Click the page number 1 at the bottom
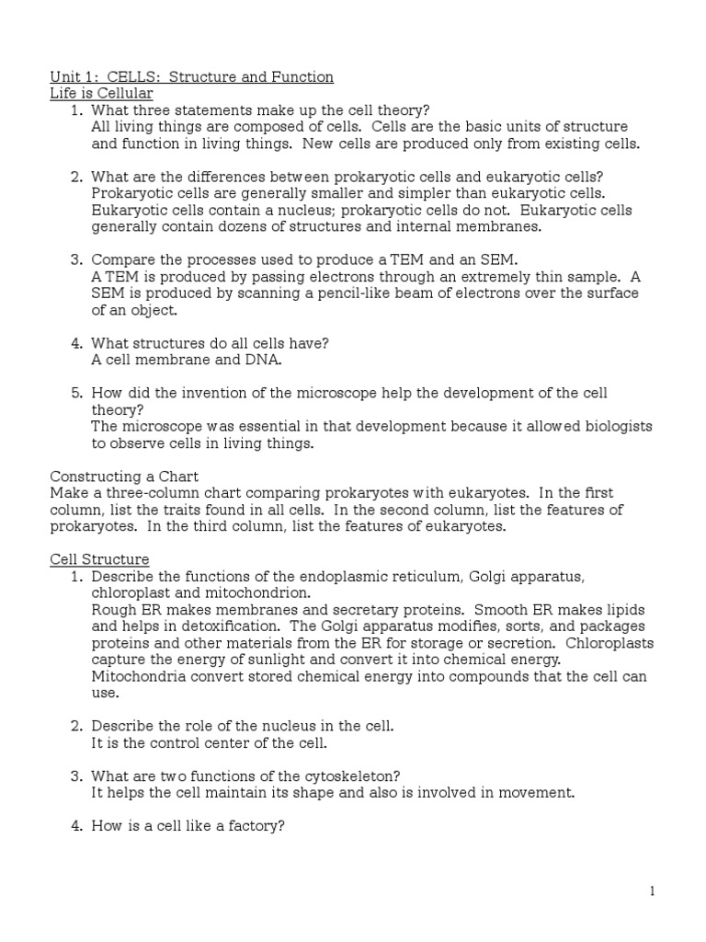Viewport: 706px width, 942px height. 652,890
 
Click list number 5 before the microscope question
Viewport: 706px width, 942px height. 76,394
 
